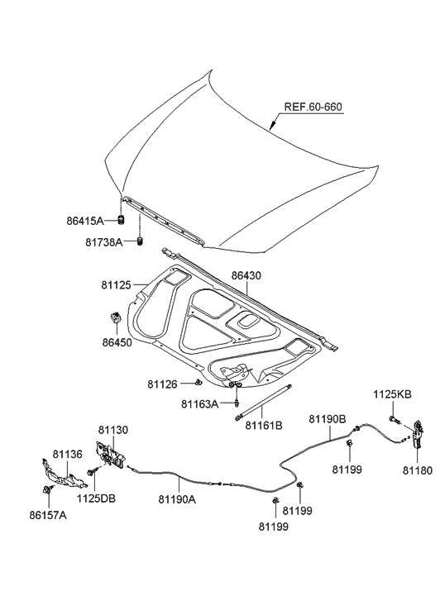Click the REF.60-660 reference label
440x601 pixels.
[x=313, y=107]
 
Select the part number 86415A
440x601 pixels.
[x=85, y=222]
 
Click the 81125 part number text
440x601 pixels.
[x=120, y=285]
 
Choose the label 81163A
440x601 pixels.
[x=200, y=404]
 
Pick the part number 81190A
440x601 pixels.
[x=177, y=498]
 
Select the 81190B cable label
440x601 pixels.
[x=328, y=419]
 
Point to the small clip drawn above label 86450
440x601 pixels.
[x=116, y=317]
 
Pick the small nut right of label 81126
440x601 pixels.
[x=199, y=383]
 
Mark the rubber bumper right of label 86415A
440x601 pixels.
[x=121, y=220]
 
